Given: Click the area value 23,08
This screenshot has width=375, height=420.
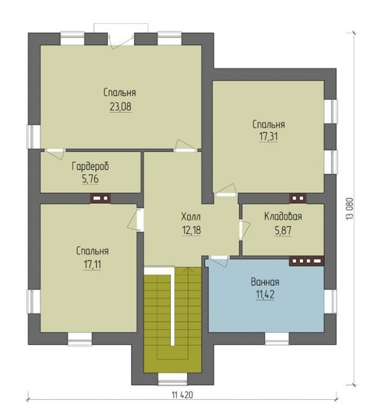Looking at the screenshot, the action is pos(121,107).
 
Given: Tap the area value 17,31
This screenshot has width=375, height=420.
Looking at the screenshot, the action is pos(268,137).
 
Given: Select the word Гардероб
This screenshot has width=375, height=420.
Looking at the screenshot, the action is pos(91,167).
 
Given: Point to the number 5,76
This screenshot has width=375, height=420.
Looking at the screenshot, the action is pos(90,179).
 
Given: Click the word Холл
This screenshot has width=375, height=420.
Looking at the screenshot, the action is pos(191,217).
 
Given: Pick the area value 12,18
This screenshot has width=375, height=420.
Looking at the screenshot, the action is pos(192,230).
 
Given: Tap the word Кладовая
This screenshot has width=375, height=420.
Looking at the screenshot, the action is pos(283,216).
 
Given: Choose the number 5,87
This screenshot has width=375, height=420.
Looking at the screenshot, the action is pos(283,230).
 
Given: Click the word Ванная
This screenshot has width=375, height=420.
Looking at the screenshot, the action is pos(265,282).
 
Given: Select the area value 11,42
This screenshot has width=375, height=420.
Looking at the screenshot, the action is pos(265,294).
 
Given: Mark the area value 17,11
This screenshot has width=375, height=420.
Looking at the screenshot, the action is pos(92,264).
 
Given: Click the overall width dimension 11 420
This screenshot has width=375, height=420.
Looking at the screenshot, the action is pos(182,395).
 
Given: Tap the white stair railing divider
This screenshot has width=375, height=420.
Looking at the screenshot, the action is pos(172,305).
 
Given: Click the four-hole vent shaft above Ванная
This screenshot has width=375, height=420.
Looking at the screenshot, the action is pos(306,260).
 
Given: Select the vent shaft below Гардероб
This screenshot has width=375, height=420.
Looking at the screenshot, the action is pos(100,199).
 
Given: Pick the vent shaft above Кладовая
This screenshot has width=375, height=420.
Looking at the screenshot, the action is pos(298,199).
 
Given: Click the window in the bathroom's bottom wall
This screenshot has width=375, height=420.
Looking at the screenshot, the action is pos(277,339).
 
